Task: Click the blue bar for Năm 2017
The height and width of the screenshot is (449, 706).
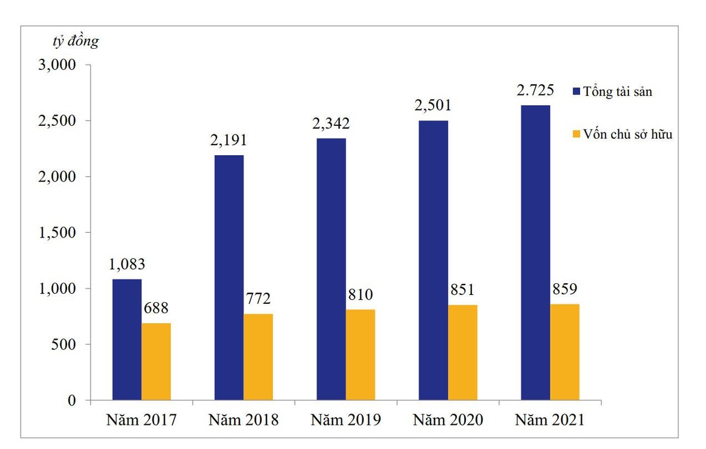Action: pos(126,340)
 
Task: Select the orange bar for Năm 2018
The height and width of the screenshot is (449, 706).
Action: pos(258,357)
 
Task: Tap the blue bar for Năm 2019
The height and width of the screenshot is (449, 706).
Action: pos(331,269)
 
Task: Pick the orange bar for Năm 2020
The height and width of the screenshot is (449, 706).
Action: pos(462,353)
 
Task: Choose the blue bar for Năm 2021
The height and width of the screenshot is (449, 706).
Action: pos(535,253)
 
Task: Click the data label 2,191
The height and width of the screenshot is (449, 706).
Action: pos(229,140)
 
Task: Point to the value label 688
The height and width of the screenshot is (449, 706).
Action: pos(156,308)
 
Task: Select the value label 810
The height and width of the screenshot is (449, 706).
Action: pos(361,294)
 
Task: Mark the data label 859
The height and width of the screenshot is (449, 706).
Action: pos(565,289)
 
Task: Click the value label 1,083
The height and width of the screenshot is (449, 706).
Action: pos(126,264)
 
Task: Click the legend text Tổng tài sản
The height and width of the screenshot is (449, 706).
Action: pos(618,92)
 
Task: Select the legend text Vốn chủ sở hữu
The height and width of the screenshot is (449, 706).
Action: pos(628,134)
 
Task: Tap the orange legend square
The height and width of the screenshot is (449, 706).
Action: pos(576,134)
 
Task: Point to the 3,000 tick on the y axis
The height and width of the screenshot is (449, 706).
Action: pos(57,65)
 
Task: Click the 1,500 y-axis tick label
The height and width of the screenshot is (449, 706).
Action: pos(57,233)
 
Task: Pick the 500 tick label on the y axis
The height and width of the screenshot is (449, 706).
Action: pos(63,344)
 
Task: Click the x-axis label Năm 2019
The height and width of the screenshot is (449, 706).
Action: pos(346,420)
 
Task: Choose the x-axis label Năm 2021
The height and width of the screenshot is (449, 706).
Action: pos(550,420)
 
